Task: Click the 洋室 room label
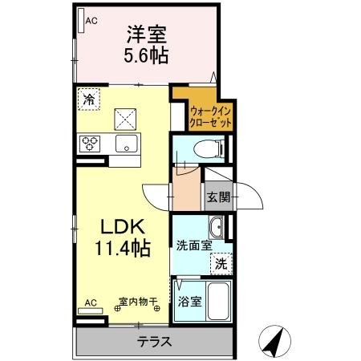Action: pyautogui.click(x=144, y=34)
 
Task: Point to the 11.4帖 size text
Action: pyautogui.click(x=122, y=249)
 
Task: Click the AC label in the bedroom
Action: pyautogui.click(x=91, y=23)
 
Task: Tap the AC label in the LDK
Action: pyautogui.click(x=91, y=302)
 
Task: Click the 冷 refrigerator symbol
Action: pyautogui.click(x=87, y=100)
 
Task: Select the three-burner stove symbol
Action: pyautogui.click(x=89, y=144)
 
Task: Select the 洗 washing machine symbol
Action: pyautogui.click(x=219, y=262)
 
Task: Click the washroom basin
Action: pyautogui.click(x=215, y=226)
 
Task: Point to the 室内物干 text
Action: pyautogui.click(x=138, y=302)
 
